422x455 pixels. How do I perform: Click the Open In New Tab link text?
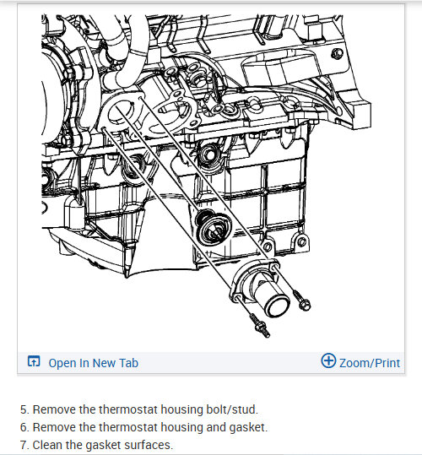(x=94, y=363)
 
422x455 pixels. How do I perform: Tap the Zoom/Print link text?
(x=370, y=363)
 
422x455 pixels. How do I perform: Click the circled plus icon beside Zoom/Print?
(x=328, y=360)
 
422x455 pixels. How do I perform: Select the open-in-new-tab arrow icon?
(x=34, y=361)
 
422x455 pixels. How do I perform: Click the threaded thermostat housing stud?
(x=260, y=326)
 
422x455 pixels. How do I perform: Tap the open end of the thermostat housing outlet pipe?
(x=278, y=307)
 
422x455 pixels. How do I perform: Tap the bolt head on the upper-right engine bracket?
(x=337, y=54)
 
